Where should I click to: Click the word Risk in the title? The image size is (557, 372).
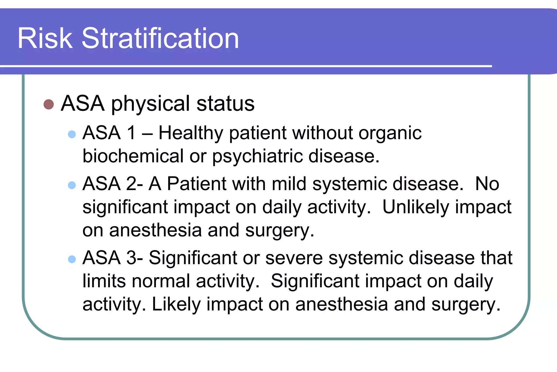click(45, 38)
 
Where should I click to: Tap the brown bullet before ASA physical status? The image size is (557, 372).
click(49, 104)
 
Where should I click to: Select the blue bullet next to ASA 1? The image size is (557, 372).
click(72, 134)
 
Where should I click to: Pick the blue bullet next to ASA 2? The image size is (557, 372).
click(72, 185)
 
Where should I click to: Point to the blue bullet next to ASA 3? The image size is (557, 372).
click(72, 259)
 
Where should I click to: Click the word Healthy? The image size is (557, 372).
click(191, 133)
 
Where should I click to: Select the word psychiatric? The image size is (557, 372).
click(257, 157)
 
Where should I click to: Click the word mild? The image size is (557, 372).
click(289, 184)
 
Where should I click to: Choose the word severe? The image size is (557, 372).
click(294, 258)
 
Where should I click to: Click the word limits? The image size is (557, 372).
click(104, 281)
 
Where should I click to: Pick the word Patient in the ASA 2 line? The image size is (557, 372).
click(197, 184)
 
